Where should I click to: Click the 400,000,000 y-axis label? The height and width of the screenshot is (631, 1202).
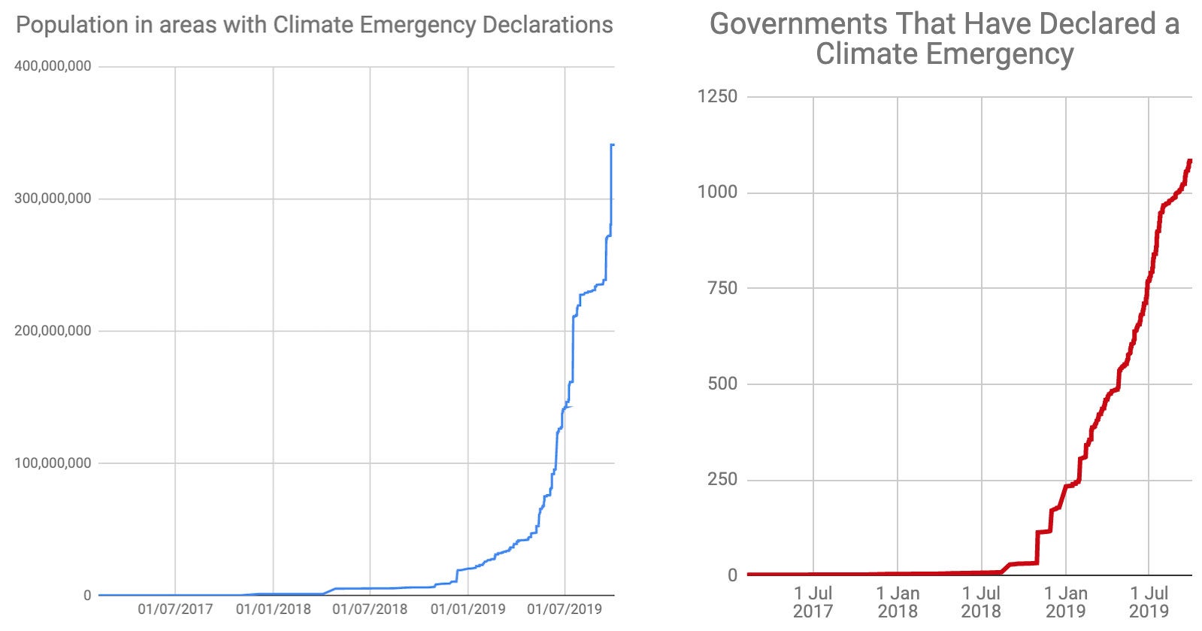tap(53, 66)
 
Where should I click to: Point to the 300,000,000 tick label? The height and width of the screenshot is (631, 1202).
tap(53, 199)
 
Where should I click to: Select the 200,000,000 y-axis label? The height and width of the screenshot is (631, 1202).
tap(53, 331)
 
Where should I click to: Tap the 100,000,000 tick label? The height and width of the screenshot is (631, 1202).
tap(53, 463)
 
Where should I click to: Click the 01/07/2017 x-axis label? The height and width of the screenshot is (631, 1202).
tap(175, 608)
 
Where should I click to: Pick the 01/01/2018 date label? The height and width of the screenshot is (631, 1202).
tap(273, 608)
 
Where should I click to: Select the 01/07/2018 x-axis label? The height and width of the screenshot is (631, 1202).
tap(370, 608)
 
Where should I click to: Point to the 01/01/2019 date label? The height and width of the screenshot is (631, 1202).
tap(468, 608)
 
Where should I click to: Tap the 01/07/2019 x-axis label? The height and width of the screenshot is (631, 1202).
tap(565, 608)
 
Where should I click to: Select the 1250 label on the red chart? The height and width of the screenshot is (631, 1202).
tap(717, 96)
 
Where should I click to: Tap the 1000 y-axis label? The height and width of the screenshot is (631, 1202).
tap(717, 192)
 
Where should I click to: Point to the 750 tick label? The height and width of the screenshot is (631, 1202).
tap(722, 287)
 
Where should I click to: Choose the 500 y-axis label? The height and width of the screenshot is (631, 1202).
tap(722, 384)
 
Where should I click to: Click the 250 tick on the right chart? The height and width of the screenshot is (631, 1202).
tap(722, 479)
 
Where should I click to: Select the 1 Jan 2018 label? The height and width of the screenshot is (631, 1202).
tap(898, 602)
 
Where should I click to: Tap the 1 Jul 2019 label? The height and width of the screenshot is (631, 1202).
tap(1149, 602)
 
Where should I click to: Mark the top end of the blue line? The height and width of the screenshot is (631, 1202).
tap(613, 144)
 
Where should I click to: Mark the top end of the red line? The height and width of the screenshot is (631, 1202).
tap(1190, 160)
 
